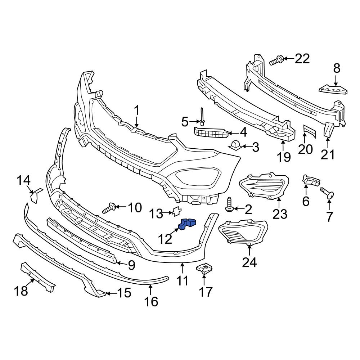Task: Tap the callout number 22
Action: (x=302, y=58)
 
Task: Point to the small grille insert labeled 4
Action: (x=211, y=133)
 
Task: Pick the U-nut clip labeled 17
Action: (x=204, y=269)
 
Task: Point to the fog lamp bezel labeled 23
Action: (x=265, y=185)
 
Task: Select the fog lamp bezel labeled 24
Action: (x=243, y=233)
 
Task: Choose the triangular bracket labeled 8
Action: (x=333, y=88)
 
